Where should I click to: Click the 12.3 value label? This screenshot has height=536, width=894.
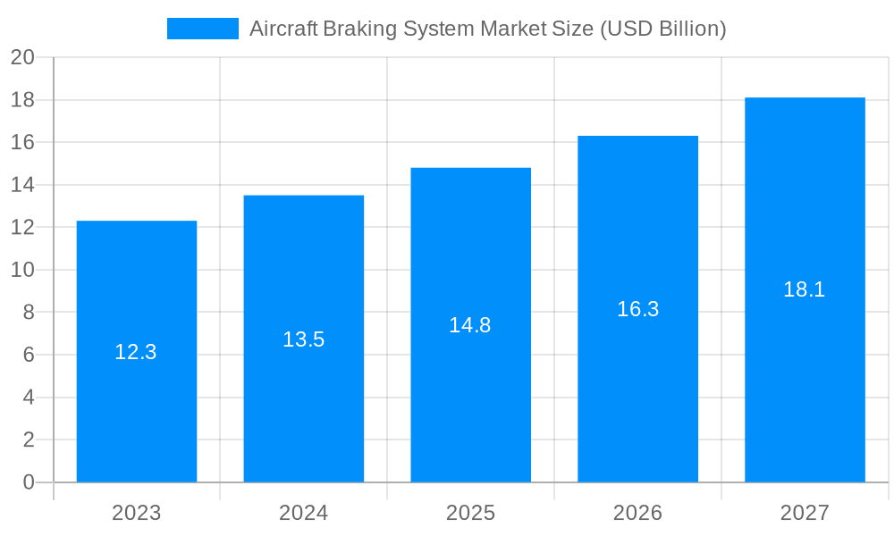coord(136,352)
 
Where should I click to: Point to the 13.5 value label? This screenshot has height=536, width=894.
coord(304,339)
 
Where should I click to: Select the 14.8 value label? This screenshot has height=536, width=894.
coord(470,325)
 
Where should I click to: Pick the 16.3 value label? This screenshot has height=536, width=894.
coord(638,309)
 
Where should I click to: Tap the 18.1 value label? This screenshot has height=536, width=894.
coord(805,289)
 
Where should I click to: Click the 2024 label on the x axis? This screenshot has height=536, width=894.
coord(304,513)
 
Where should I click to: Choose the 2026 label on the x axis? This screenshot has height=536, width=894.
coord(638,513)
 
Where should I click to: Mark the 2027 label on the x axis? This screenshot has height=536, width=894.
coord(805,513)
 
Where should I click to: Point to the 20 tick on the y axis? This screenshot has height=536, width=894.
coord(22,57)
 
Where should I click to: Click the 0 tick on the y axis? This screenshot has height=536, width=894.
coord(29,482)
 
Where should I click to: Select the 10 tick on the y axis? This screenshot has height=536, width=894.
coord(22,270)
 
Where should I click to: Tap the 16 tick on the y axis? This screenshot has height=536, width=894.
coord(22,142)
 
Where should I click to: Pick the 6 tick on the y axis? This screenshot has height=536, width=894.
coord(29,355)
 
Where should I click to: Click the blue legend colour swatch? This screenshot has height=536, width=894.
coord(203,29)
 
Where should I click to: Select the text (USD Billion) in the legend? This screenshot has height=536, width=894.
coord(662,29)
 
